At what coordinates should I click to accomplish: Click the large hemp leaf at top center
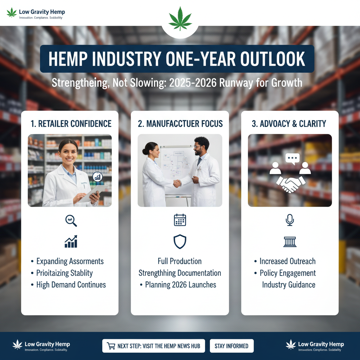click(180, 18)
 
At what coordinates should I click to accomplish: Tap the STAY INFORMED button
click(231, 346)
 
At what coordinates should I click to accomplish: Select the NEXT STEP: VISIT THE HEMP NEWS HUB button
click(154, 346)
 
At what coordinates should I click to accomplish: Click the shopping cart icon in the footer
click(111, 346)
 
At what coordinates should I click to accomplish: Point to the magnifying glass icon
click(71, 220)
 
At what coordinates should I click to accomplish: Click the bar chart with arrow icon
click(71, 242)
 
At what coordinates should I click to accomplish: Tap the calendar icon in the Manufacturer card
click(180, 220)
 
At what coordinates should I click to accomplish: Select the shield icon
click(180, 242)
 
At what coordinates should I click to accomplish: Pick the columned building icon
click(290, 242)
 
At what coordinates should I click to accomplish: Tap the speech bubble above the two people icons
click(292, 159)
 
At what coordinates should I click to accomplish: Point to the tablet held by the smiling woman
click(92, 193)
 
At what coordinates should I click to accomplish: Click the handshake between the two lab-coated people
click(178, 183)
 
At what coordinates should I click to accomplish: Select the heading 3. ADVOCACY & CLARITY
click(289, 124)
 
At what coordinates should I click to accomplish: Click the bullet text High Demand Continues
click(71, 285)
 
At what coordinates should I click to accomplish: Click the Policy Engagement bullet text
click(288, 273)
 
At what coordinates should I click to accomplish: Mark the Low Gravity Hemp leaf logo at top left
click(12, 13)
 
